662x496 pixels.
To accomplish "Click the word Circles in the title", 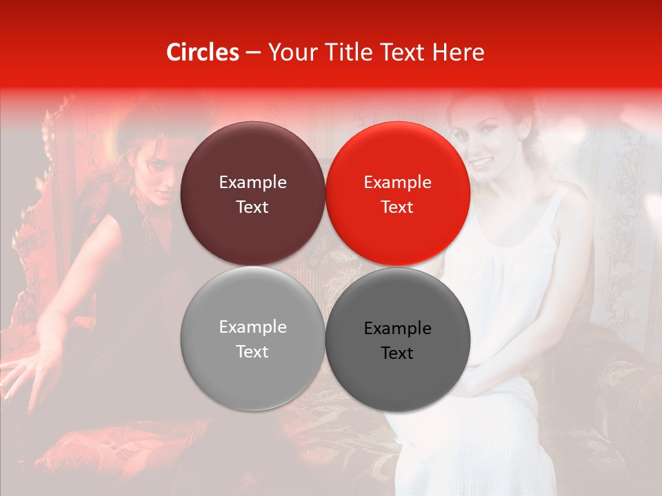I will click(x=202, y=52).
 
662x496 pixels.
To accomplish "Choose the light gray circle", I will click(x=252, y=339).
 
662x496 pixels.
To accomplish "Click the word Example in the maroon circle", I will click(x=252, y=183).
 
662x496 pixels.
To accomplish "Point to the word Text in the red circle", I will click(x=397, y=207).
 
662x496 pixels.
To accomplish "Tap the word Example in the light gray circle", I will click(x=252, y=327).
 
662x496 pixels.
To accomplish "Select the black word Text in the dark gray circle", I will click(x=397, y=353).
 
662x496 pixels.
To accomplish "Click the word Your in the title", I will click(x=289, y=52).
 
